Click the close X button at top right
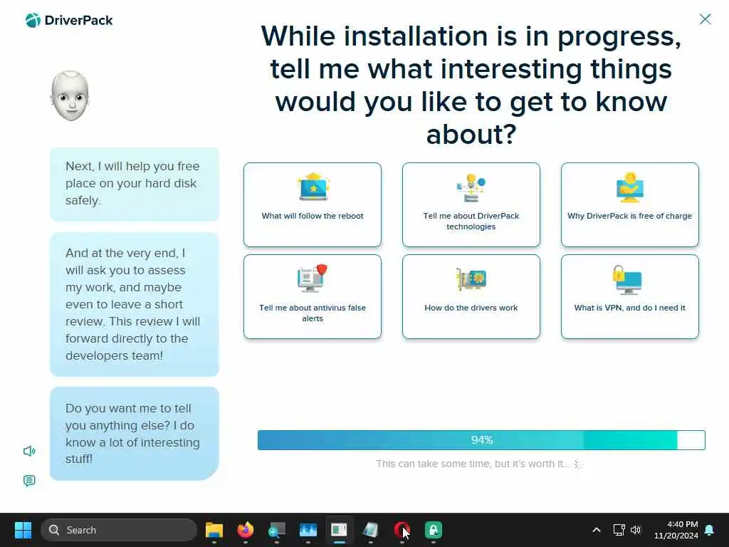[705, 19]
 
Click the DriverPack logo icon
[33, 20]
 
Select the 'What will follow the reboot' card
[313, 204]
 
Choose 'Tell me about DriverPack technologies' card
[471, 204]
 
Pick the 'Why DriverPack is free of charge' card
[629, 204]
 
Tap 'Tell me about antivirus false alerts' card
[313, 297]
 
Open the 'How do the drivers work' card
[471, 297]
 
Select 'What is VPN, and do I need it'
[629, 297]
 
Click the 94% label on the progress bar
[482, 440]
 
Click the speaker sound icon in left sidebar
[29, 451]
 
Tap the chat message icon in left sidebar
[29, 481]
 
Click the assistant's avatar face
[70, 96]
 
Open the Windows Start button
[23, 530]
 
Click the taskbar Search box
[119, 530]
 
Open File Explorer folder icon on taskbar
[214, 530]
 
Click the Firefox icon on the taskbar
[246, 530]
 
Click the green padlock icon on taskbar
[434, 530]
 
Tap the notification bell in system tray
[710, 530]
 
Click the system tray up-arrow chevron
[597, 530]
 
